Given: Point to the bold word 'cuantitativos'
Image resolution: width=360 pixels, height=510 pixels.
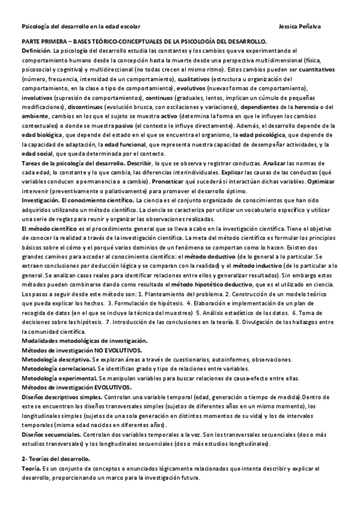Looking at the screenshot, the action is (x=322, y=70).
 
